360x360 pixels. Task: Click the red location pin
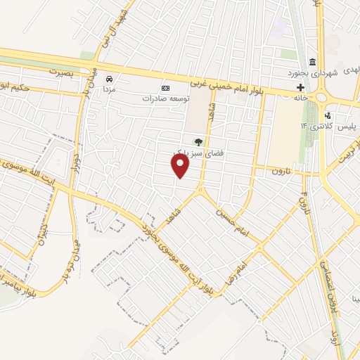coord(181,166)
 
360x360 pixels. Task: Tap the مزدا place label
coord(109,91)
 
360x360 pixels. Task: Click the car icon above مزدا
coord(109,79)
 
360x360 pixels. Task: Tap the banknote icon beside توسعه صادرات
coord(165,88)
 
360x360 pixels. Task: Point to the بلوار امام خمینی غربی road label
coord(232,83)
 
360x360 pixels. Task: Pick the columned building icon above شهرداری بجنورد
coord(312,60)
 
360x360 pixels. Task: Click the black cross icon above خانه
coord(300,88)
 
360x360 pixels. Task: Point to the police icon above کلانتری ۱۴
coord(328,115)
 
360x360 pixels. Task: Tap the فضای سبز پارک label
coord(189,153)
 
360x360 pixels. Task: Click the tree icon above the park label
coord(198,141)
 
